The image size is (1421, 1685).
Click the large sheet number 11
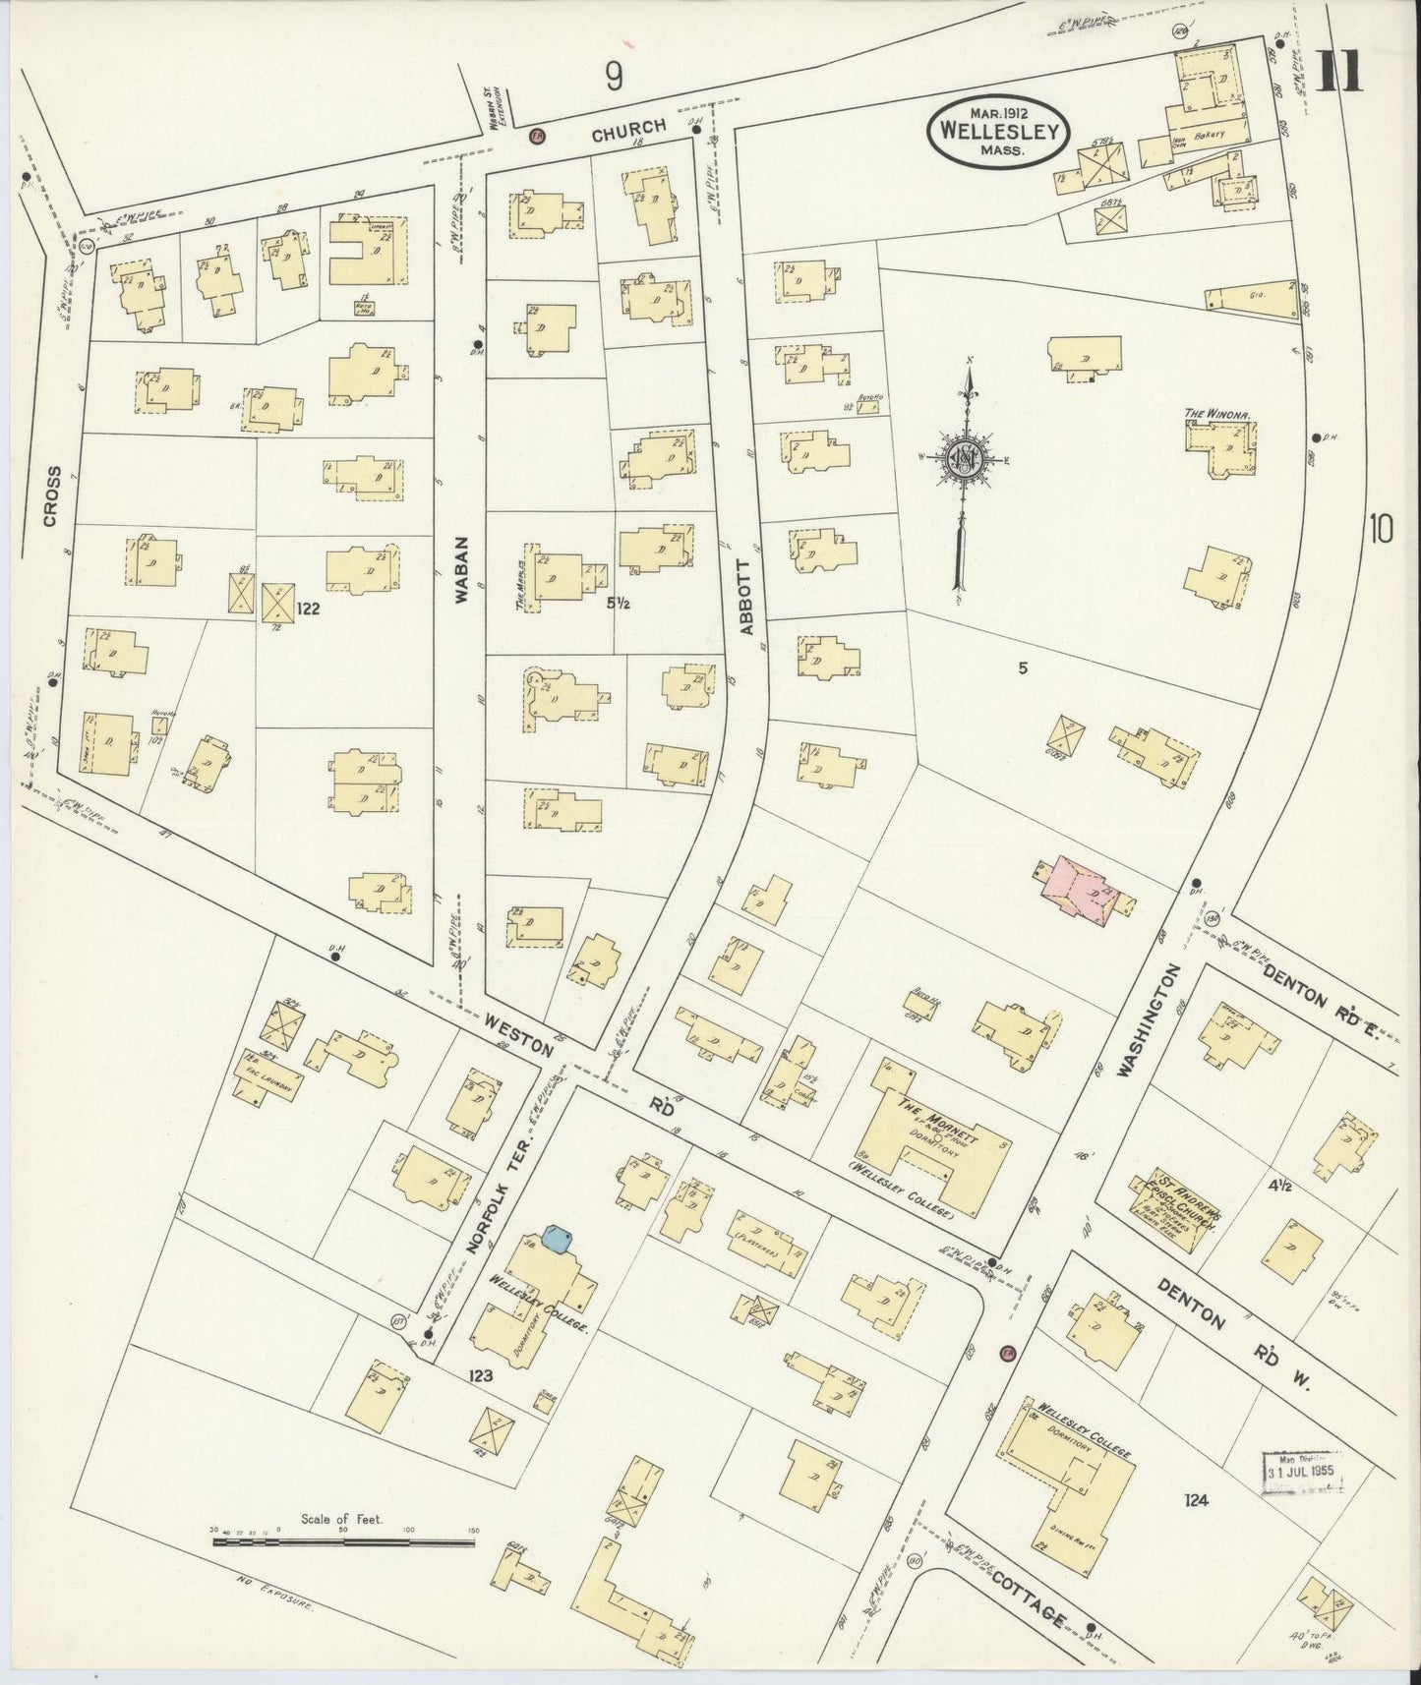coord(1340,72)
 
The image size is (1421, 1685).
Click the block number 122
coord(308,609)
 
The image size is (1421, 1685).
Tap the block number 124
coord(1196,1500)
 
